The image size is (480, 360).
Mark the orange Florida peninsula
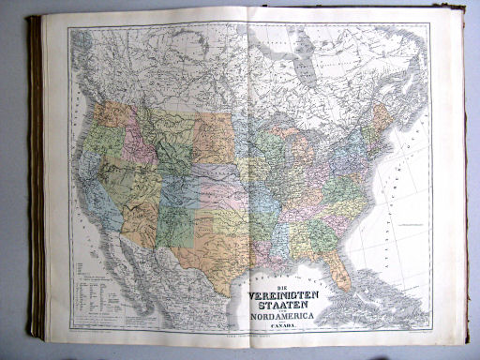[341, 271]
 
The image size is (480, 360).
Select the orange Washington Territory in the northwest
[111, 113]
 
